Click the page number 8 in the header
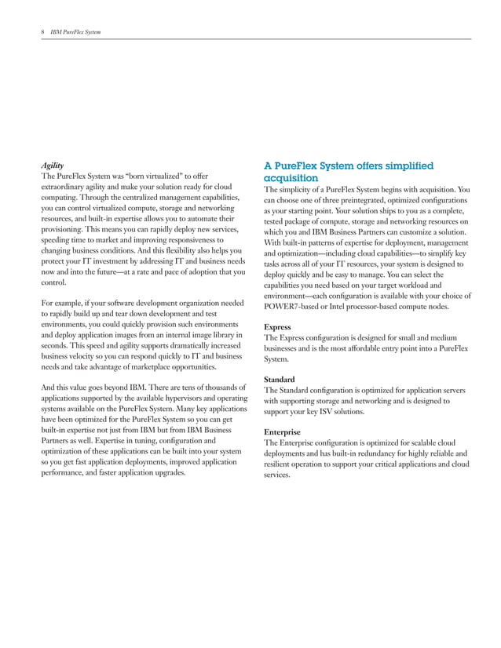(x=42, y=31)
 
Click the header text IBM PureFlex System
(x=75, y=31)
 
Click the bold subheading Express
(x=278, y=326)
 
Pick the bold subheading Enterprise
(x=283, y=431)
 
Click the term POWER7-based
(x=291, y=307)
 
